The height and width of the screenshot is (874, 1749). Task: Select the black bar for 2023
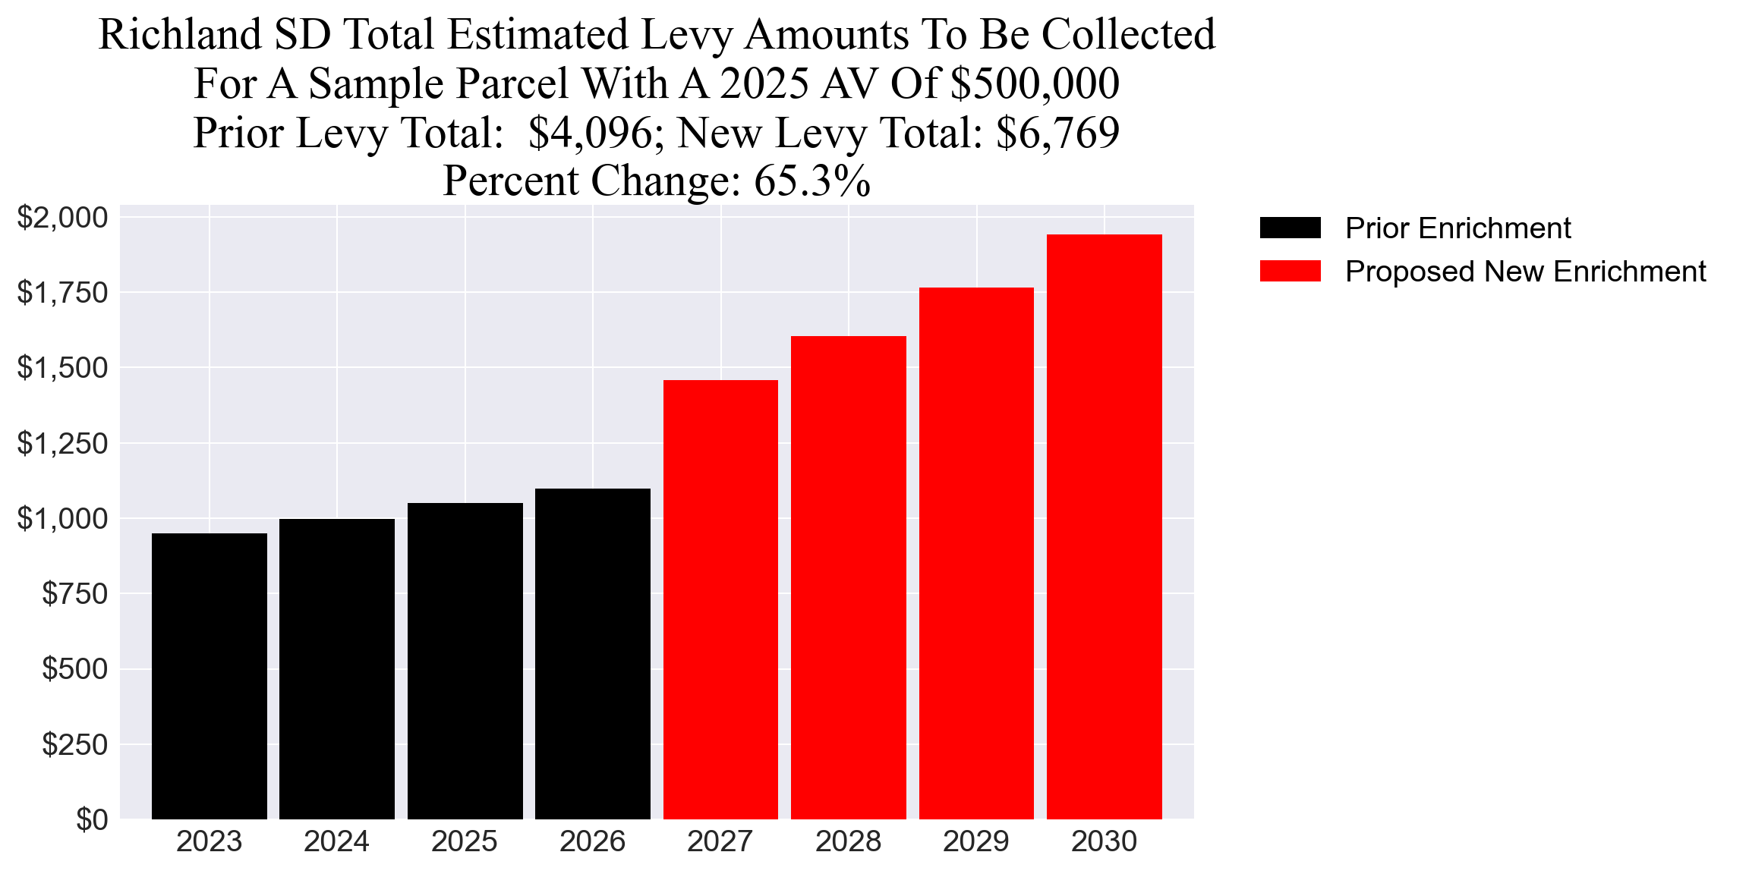click(210, 675)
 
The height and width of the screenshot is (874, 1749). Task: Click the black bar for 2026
click(593, 652)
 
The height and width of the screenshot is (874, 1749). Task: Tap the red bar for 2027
click(720, 599)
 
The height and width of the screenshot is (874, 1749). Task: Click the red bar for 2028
click(849, 577)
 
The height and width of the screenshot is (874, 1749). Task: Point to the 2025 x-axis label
click(465, 841)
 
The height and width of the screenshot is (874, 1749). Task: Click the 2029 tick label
click(976, 841)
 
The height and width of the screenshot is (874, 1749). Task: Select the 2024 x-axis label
click(336, 841)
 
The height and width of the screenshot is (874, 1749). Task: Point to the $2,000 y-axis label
click(63, 218)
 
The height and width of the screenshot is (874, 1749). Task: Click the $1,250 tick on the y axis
click(63, 443)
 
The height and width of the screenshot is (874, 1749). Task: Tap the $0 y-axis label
click(92, 819)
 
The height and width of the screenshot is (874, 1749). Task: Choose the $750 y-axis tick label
click(75, 593)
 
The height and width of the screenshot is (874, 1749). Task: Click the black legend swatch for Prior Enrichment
click(1290, 228)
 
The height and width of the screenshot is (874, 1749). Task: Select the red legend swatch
click(1290, 271)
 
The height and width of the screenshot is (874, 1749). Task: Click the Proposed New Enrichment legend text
click(1525, 271)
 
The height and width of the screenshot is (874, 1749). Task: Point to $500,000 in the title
click(1035, 83)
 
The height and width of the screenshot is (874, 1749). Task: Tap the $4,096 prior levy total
click(590, 133)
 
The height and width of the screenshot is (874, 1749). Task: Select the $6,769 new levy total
click(1057, 133)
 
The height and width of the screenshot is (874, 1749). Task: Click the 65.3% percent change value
click(811, 181)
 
